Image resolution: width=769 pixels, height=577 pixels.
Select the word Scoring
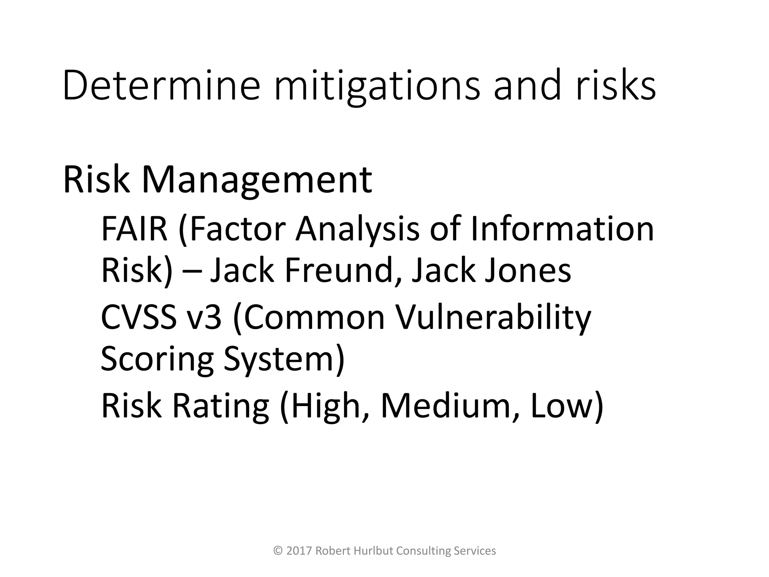pyautogui.click(x=157, y=360)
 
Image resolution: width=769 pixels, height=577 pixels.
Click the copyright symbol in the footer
pyautogui.click(x=278, y=551)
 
